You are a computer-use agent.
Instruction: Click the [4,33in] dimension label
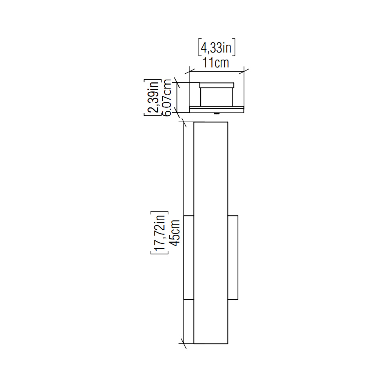pos(217,47)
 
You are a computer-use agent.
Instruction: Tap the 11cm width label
pos(216,63)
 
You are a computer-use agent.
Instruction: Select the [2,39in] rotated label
pos(153,97)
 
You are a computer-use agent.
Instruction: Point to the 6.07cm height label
pos(167,98)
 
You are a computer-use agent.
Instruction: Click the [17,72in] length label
pos(160,233)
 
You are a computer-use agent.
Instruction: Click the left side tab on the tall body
pos(189,257)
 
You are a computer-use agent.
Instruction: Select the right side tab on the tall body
pos(233,257)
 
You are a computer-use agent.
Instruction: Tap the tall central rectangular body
pos(211,233)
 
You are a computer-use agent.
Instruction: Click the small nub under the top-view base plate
pos(217,114)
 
